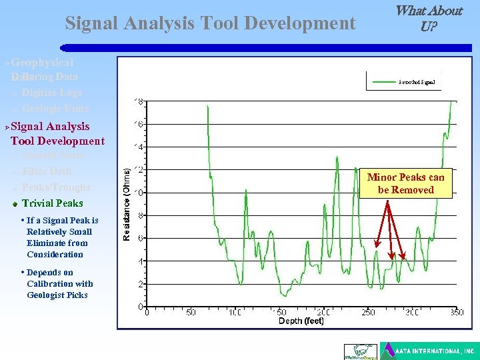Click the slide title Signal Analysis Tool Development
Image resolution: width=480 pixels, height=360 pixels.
(x=210, y=24)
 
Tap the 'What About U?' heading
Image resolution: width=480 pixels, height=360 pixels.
(x=429, y=19)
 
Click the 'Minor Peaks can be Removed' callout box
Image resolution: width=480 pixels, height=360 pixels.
(x=405, y=183)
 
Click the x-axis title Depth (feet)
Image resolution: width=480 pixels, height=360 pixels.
(x=301, y=321)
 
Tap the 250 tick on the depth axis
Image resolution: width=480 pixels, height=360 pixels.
(x=368, y=313)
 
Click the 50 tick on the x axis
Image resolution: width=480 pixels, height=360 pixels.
(x=191, y=313)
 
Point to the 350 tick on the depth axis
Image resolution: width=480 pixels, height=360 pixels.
(x=456, y=313)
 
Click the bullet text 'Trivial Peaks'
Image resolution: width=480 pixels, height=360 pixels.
(x=53, y=203)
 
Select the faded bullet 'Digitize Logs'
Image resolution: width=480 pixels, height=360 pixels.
(x=51, y=93)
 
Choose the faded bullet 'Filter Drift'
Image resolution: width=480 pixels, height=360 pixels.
(x=47, y=171)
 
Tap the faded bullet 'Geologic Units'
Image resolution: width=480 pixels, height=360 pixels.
(x=55, y=109)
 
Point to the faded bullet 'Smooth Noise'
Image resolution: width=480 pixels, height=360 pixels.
(x=53, y=155)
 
